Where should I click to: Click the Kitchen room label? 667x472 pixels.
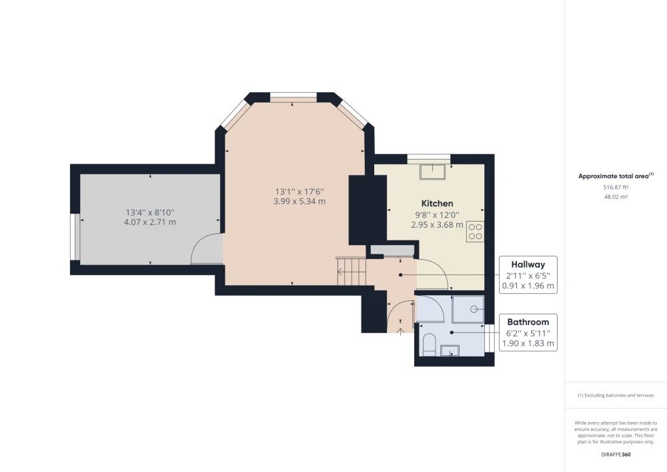pos(437,204)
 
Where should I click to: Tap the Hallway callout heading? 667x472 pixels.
pos(528,264)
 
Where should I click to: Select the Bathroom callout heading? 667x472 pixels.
pos(528,322)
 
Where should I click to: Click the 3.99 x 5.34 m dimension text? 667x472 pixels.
pos(299,202)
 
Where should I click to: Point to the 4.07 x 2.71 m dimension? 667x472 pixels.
pos(149,222)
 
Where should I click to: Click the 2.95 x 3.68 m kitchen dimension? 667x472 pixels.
pos(437,225)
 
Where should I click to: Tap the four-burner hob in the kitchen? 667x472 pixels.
pos(475,232)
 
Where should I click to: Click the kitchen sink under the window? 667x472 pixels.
pos(433,171)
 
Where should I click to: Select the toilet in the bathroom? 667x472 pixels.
pos(428,344)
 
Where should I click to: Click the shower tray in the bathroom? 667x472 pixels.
pos(468,309)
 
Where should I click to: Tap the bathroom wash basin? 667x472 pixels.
pos(450,350)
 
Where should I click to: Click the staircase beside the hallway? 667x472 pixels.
pos(352,271)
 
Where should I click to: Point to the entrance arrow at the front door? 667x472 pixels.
pos(400,331)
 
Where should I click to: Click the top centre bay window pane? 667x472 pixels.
pos(293,97)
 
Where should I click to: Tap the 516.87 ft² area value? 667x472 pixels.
pos(616,188)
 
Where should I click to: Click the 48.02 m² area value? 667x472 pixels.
pos(616,197)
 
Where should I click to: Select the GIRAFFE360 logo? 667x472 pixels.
pos(616,455)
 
